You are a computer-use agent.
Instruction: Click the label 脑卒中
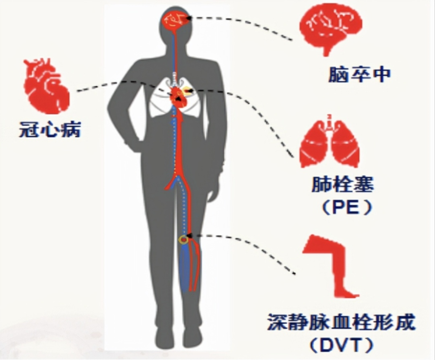pyautogui.click(x=360, y=74)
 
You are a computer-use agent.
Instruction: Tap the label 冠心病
pyautogui.click(x=50, y=129)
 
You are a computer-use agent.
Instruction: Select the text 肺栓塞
pyautogui.click(x=343, y=184)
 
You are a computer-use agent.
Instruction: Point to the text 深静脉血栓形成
pyautogui.click(x=341, y=322)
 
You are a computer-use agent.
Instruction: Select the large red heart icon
pyautogui.click(x=47, y=86)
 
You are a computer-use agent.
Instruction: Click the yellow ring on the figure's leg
pyautogui.click(x=183, y=240)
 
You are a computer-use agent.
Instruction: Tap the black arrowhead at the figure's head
pyautogui.click(x=188, y=18)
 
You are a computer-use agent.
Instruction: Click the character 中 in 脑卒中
pyautogui.click(x=382, y=74)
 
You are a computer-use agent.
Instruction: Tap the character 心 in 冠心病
pyautogui.click(x=50, y=129)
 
